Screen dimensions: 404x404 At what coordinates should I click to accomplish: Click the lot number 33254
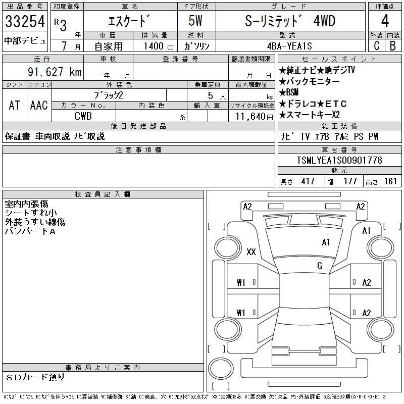click(25, 21)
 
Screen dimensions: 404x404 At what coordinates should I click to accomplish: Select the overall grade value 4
click(385, 21)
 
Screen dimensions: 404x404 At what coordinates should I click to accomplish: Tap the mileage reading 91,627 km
click(55, 72)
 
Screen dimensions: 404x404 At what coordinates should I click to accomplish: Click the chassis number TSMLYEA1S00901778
click(339, 160)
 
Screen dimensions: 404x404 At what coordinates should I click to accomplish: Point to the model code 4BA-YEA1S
click(289, 46)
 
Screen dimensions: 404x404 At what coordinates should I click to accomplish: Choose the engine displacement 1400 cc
click(159, 46)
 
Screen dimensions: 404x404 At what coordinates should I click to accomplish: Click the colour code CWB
click(83, 116)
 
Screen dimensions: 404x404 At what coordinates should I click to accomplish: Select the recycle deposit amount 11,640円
click(254, 117)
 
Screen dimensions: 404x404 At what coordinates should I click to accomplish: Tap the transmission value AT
click(15, 105)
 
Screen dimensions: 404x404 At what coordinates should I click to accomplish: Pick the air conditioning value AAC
click(39, 105)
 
